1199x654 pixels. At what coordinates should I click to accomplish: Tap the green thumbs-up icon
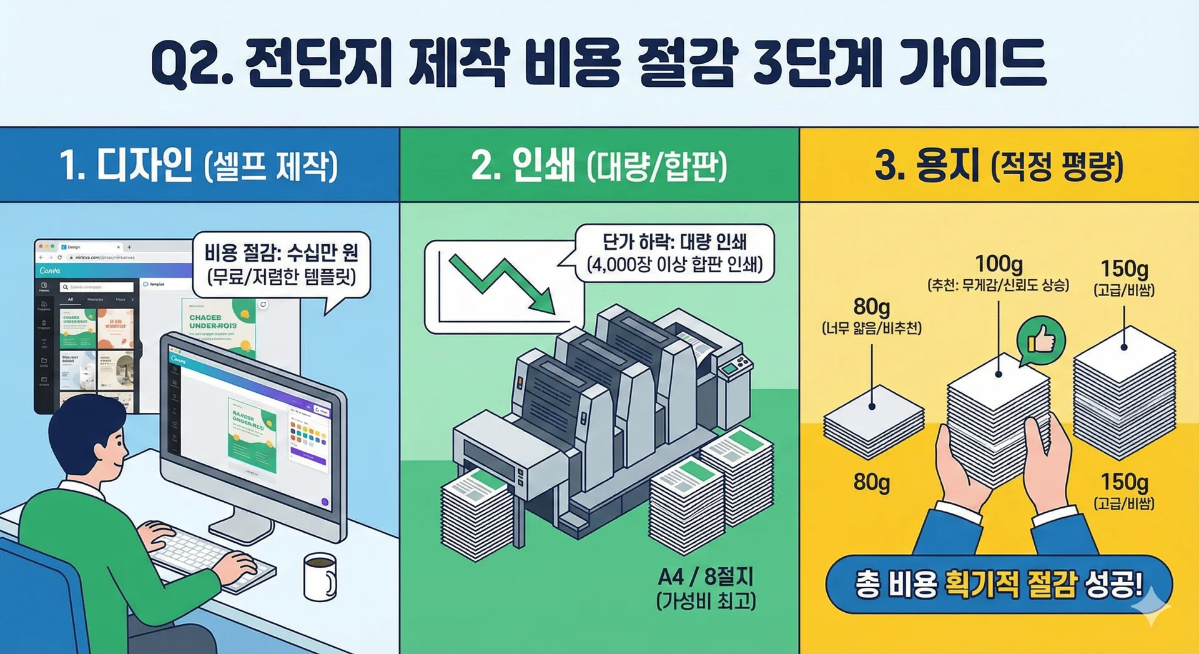1040,340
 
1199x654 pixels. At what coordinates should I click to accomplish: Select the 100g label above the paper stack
999,264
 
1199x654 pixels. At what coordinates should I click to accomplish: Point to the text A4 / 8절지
706,575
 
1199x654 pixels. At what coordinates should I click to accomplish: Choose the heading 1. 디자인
126,166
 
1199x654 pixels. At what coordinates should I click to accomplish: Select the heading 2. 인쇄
523,166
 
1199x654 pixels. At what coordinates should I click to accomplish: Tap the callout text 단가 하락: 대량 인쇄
674,242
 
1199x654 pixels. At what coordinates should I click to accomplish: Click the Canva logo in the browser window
50,270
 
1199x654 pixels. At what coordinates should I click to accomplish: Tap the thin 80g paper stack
873,419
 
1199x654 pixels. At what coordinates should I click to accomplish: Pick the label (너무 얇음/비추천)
872,328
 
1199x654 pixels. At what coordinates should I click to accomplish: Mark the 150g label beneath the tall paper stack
1124,482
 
